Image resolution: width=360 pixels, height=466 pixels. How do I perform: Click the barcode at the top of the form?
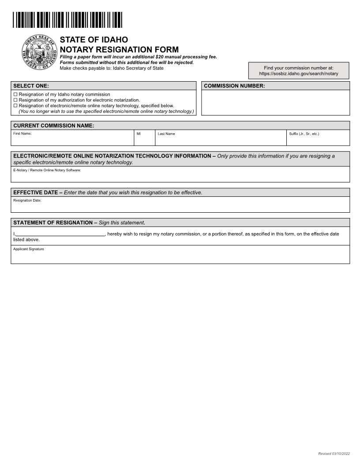(x=67, y=20)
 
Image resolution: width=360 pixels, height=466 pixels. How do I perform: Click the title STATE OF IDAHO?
(x=94, y=40)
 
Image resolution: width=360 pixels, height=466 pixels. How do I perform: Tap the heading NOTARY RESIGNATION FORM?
(x=119, y=49)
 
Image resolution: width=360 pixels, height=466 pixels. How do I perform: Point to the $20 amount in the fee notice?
(x=160, y=57)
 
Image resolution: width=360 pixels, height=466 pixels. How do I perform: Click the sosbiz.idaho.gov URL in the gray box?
(x=299, y=74)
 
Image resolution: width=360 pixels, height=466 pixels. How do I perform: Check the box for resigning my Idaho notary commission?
(x=15, y=94)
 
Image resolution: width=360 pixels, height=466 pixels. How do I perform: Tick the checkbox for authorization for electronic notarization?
(x=15, y=100)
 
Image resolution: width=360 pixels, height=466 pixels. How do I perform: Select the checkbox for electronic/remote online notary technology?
(x=15, y=106)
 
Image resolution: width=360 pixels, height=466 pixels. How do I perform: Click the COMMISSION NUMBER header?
(x=234, y=86)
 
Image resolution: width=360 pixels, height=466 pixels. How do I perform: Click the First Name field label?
(x=22, y=133)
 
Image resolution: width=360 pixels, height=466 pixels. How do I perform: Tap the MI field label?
(x=139, y=133)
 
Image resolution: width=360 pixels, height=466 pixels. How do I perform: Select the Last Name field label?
(x=166, y=134)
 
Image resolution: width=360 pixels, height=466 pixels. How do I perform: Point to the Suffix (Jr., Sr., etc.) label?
(x=304, y=133)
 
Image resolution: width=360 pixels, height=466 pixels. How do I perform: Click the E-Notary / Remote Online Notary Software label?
(x=47, y=170)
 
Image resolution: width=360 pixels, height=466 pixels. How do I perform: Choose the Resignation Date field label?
(x=27, y=200)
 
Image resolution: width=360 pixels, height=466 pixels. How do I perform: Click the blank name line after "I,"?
(x=60, y=234)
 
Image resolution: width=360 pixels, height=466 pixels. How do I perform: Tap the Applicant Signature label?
(x=29, y=249)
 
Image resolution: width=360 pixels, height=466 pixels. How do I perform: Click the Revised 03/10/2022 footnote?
(x=334, y=454)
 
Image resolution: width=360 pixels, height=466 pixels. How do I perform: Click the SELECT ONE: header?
(x=31, y=86)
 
